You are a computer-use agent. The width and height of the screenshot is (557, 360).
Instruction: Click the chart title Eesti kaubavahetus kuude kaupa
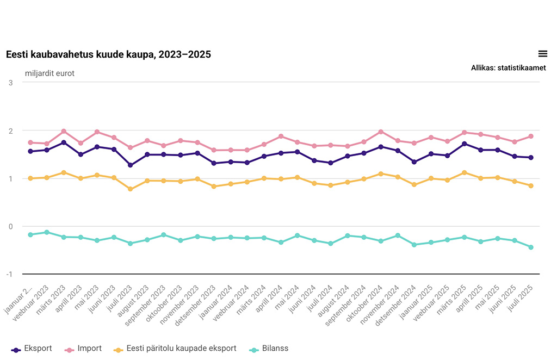108,54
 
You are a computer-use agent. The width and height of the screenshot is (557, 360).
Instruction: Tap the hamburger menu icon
542,53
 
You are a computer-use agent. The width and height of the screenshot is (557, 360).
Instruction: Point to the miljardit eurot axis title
49,73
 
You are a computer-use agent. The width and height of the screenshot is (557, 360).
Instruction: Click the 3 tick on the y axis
11,82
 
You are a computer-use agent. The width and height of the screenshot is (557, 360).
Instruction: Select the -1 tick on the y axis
9,274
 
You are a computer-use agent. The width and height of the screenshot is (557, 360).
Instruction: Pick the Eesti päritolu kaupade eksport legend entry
175,349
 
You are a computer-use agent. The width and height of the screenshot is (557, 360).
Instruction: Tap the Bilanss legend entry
269,349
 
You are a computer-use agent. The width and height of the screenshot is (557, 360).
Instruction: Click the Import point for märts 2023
64,131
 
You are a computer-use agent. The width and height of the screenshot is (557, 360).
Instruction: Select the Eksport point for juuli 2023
131,165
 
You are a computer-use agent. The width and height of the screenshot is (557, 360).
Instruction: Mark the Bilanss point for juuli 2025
531,247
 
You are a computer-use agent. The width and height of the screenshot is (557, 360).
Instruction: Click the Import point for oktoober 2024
381,132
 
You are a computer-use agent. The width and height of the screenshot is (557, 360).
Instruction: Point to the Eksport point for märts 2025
464,144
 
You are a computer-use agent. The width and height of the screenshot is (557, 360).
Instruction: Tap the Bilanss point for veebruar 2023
47,232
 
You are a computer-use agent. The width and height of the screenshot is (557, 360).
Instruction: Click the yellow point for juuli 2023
131,189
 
